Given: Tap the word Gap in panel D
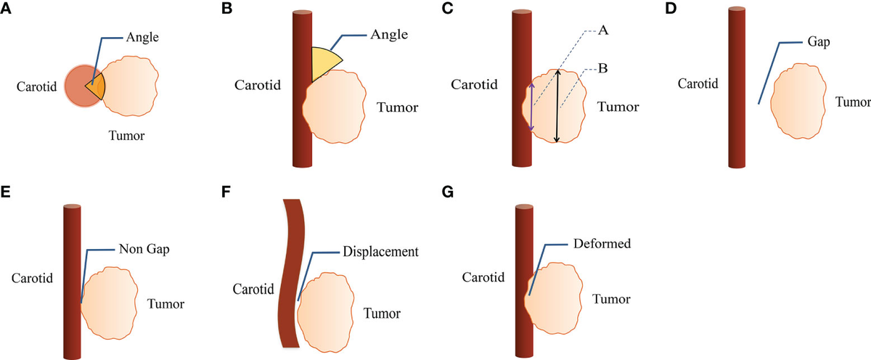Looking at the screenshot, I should tap(817, 43).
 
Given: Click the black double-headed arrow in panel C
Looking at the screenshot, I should tap(557, 106).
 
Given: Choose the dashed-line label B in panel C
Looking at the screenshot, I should tap(602, 69).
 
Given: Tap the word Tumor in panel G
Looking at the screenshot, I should tap(610, 298).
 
